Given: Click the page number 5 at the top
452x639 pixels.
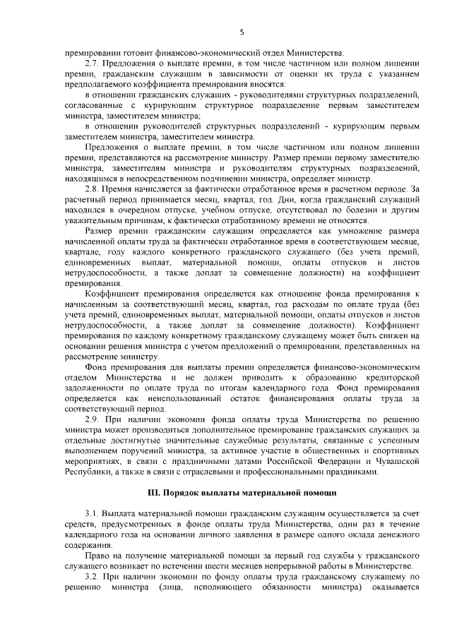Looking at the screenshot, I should pyautogui.click(x=241, y=32).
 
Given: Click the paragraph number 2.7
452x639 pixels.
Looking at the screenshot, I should pyautogui.click(x=90, y=66).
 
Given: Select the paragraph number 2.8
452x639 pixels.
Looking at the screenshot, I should pyautogui.click(x=90, y=189).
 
